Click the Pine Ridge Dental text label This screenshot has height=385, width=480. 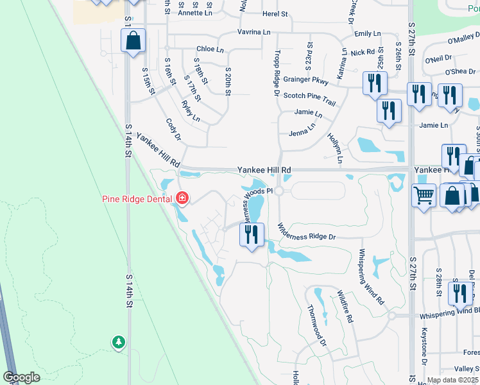(x=137, y=198)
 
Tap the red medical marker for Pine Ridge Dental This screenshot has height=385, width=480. (x=182, y=198)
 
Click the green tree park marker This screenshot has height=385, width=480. (x=118, y=342)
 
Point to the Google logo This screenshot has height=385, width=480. (x=21, y=377)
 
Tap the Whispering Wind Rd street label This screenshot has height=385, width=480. (x=371, y=277)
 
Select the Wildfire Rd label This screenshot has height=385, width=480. (x=345, y=306)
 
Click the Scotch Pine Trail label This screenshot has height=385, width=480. (x=310, y=98)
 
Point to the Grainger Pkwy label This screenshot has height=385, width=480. (x=307, y=81)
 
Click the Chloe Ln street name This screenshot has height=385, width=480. (x=210, y=49)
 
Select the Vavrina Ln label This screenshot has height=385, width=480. (x=253, y=31)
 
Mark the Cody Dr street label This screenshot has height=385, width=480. (x=173, y=128)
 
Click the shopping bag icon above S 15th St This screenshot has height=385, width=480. (x=133, y=42)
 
